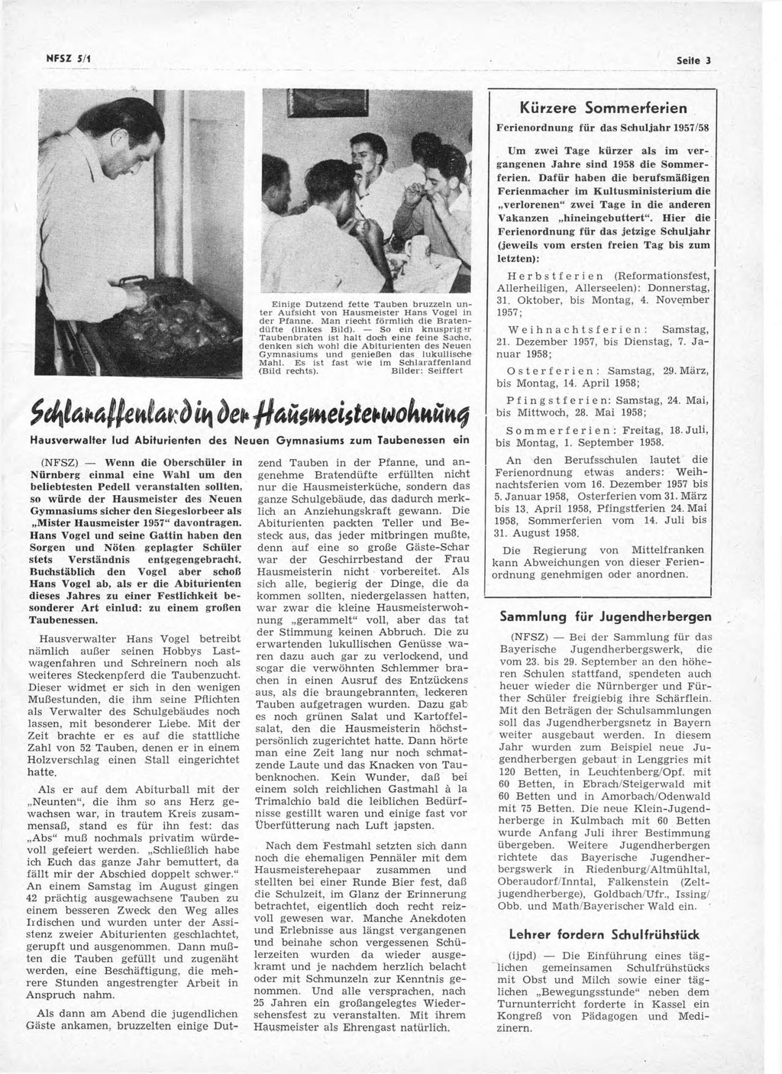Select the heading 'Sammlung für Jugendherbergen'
tap(605, 616)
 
